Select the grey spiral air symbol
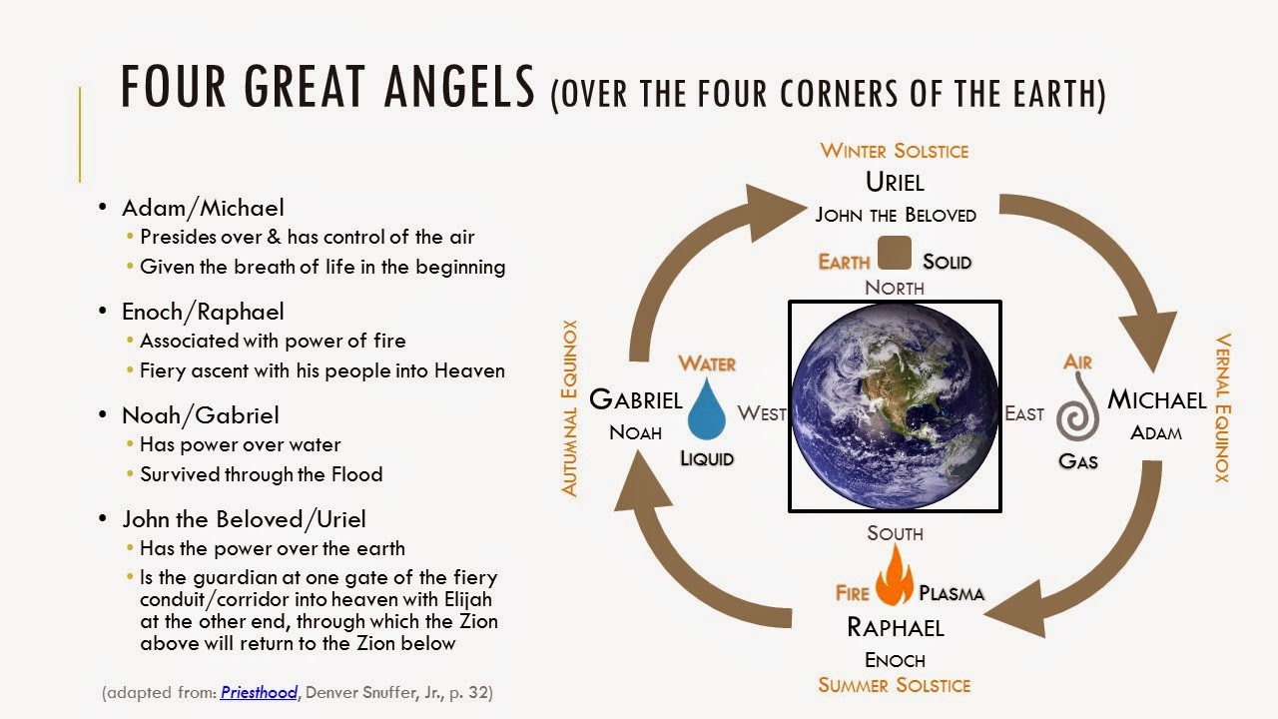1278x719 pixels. click(x=1078, y=415)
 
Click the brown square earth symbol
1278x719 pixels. click(x=895, y=254)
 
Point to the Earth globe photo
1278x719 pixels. click(x=895, y=405)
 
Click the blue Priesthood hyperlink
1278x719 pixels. click(x=259, y=691)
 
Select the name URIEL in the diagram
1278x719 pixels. click(x=895, y=183)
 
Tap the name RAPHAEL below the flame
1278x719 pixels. click(x=895, y=626)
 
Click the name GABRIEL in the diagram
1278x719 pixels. click(x=636, y=400)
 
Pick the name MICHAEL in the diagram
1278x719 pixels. click(x=1157, y=400)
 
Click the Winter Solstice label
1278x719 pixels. click(x=895, y=151)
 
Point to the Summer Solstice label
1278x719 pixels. click(x=895, y=685)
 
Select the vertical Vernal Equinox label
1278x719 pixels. click(x=1221, y=407)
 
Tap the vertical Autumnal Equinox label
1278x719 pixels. click(x=570, y=407)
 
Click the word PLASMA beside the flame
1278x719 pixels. click(x=952, y=593)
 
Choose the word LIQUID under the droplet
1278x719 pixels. click(x=707, y=459)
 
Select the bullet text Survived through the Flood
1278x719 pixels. click(x=261, y=474)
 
